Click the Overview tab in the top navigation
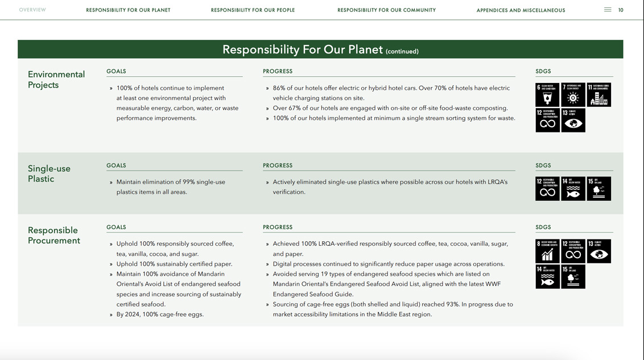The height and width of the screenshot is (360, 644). tap(32, 10)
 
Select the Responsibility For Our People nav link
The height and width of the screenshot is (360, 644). tap(253, 10)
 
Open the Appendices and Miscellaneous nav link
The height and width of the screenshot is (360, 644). tap(521, 10)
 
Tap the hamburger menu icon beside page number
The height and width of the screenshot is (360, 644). tap(608, 10)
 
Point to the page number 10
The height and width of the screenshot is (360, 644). tap(621, 10)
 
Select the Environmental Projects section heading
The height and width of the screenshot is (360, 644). tap(56, 80)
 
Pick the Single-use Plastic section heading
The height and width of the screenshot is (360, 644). tap(49, 173)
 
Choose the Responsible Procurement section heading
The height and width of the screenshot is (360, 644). tap(54, 235)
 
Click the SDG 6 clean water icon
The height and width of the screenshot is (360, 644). tap(547, 95)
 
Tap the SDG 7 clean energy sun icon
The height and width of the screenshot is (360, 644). tap(573, 95)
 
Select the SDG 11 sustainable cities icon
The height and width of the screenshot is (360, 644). tap(598, 95)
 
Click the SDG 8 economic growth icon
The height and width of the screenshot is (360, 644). tap(547, 251)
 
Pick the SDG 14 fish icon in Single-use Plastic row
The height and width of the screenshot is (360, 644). tap(573, 189)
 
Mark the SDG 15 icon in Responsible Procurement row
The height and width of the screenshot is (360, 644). tap(573, 277)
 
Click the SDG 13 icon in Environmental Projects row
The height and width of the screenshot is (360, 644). tap(573, 121)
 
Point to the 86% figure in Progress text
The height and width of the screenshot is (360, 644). tap(279, 88)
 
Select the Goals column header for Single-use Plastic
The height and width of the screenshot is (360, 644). tap(116, 165)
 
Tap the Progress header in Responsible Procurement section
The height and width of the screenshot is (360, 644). tap(278, 227)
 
